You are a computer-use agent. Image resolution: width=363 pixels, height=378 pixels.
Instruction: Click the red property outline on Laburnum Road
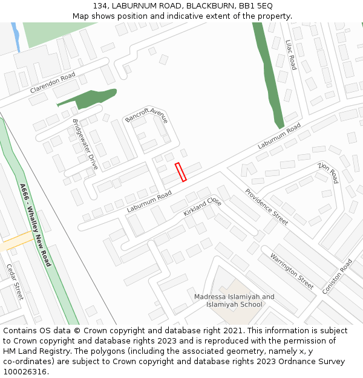click(x=180, y=172)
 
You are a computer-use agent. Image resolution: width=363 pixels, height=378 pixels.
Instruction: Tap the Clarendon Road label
click(x=53, y=83)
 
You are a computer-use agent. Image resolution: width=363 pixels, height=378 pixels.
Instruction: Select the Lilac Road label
click(x=290, y=54)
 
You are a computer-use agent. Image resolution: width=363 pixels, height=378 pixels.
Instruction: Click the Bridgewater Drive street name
click(x=85, y=144)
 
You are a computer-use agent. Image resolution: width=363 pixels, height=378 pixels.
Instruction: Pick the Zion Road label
click(x=329, y=172)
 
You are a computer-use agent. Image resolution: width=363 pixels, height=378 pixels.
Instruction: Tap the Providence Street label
click(x=266, y=207)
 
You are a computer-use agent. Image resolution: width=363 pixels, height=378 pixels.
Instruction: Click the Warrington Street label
click(x=292, y=270)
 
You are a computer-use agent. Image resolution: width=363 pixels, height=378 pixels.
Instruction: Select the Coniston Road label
click(x=337, y=276)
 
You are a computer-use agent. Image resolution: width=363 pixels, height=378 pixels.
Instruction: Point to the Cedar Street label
click(x=15, y=282)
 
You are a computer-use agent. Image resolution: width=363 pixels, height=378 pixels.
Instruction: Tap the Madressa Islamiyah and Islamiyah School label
click(x=234, y=301)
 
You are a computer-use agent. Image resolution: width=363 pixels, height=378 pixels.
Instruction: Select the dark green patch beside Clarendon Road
click(x=89, y=97)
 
